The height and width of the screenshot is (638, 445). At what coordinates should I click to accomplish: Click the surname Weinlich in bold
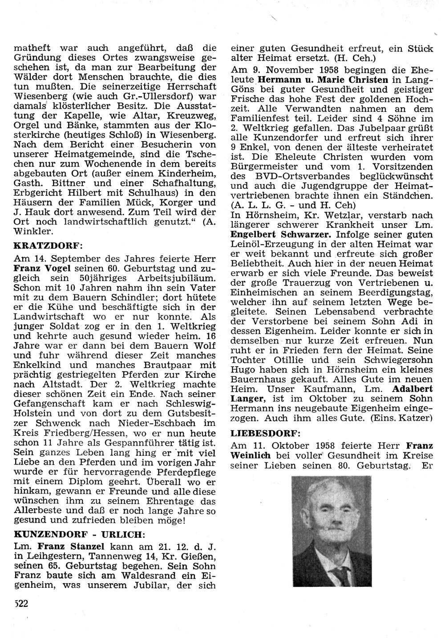(x=252, y=454)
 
